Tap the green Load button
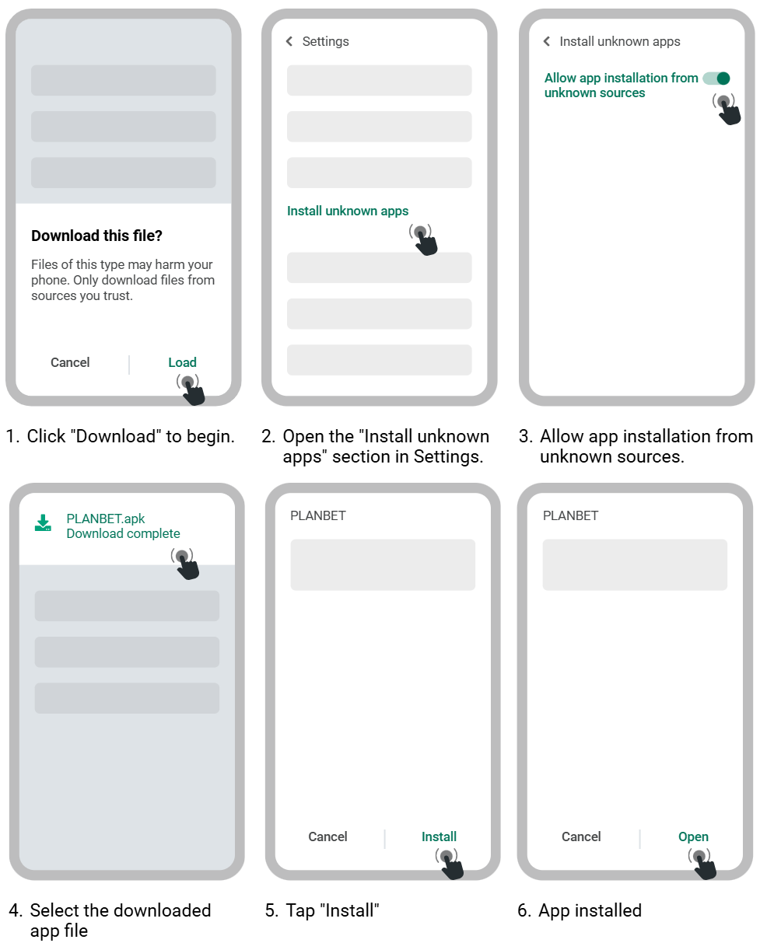click(182, 362)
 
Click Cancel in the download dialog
click(70, 362)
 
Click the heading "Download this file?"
click(97, 236)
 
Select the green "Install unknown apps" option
click(348, 211)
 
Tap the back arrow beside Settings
click(289, 41)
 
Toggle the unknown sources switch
click(716, 78)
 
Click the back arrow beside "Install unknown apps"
click(547, 41)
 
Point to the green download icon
click(43, 523)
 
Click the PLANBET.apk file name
click(106, 519)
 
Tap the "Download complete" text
click(123, 533)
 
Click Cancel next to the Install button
click(327, 836)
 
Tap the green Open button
click(693, 836)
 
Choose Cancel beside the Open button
click(581, 836)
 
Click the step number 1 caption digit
click(11, 436)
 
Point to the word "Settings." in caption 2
click(447, 456)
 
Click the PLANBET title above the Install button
click(318, 515)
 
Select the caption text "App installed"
click(590, 910)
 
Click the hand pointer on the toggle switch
click(727, 108)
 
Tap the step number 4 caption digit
click(16, 910)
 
